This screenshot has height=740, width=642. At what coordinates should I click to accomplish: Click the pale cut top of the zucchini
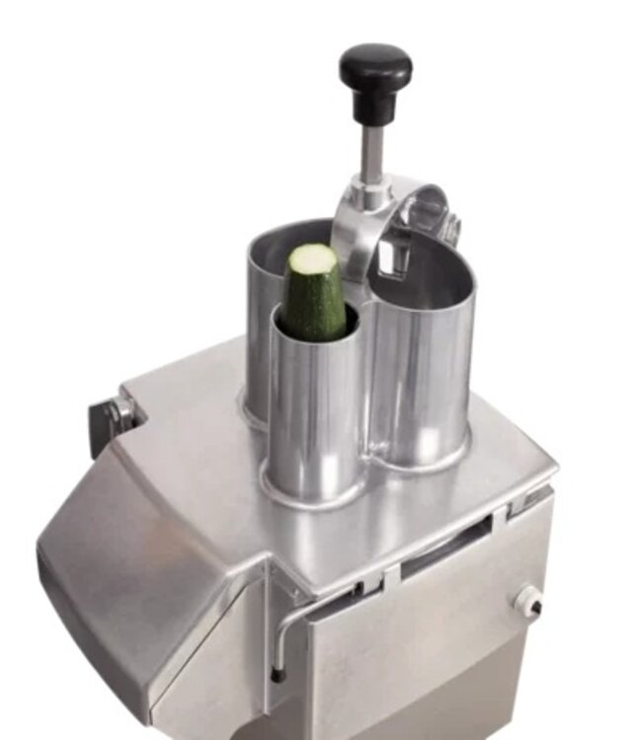tap(311, 259)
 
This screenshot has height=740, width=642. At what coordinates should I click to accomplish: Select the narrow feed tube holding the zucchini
tap(313, 414)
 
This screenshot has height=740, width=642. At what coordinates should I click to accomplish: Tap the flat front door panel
tap(425, 661)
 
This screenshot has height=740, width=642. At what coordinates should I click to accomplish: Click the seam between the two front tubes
tap(366, 395)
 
